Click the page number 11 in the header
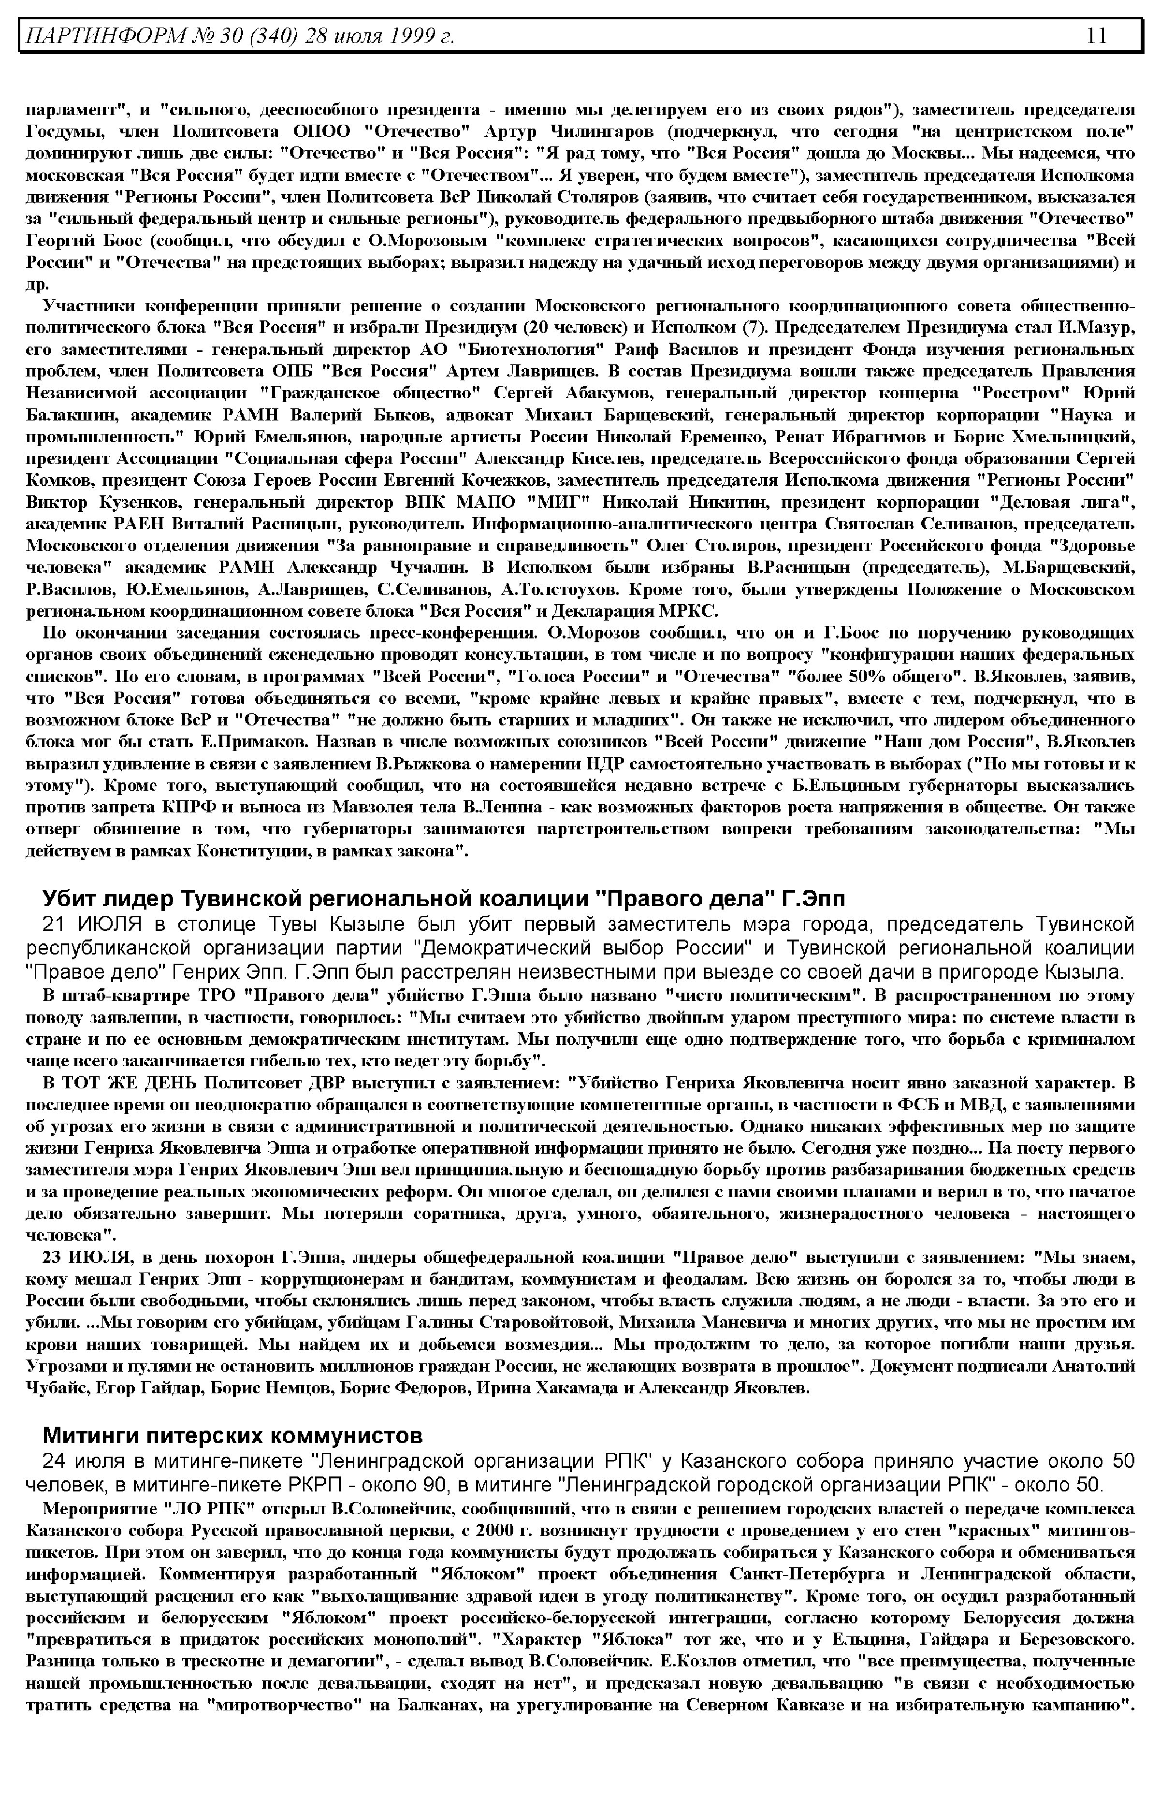point(1096,35)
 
